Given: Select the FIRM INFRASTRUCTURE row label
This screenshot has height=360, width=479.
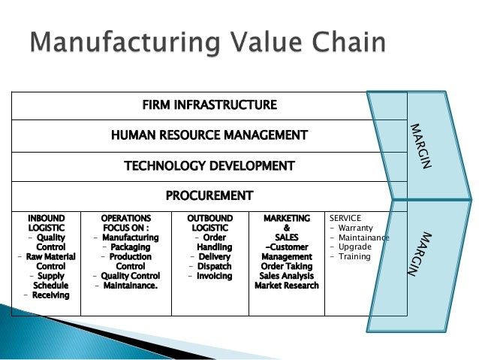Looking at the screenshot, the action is coord(209,104).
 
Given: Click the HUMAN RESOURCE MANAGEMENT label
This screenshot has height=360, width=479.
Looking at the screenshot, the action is coord(209,135).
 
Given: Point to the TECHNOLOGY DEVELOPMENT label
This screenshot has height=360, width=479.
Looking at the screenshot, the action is coord(209,165).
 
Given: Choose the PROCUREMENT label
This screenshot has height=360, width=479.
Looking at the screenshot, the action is coord(209,196).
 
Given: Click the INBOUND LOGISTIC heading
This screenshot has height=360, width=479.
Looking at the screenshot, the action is coord(46,222).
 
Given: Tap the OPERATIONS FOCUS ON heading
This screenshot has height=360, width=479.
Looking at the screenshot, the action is coord(125,222).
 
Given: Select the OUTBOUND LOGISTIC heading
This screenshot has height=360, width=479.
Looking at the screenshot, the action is coord(209,222).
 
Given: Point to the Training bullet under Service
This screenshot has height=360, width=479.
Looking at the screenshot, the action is coord(354,257).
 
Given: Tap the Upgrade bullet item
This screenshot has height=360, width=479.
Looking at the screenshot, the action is coord(354,247).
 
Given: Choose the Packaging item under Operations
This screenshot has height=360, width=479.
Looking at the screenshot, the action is coord(131,247).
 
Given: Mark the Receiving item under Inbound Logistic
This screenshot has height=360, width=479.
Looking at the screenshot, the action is coord(50,295).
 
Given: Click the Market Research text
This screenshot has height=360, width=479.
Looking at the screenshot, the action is coord(287,286).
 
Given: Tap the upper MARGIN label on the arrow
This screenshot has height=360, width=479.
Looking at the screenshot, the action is coord(420,146).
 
